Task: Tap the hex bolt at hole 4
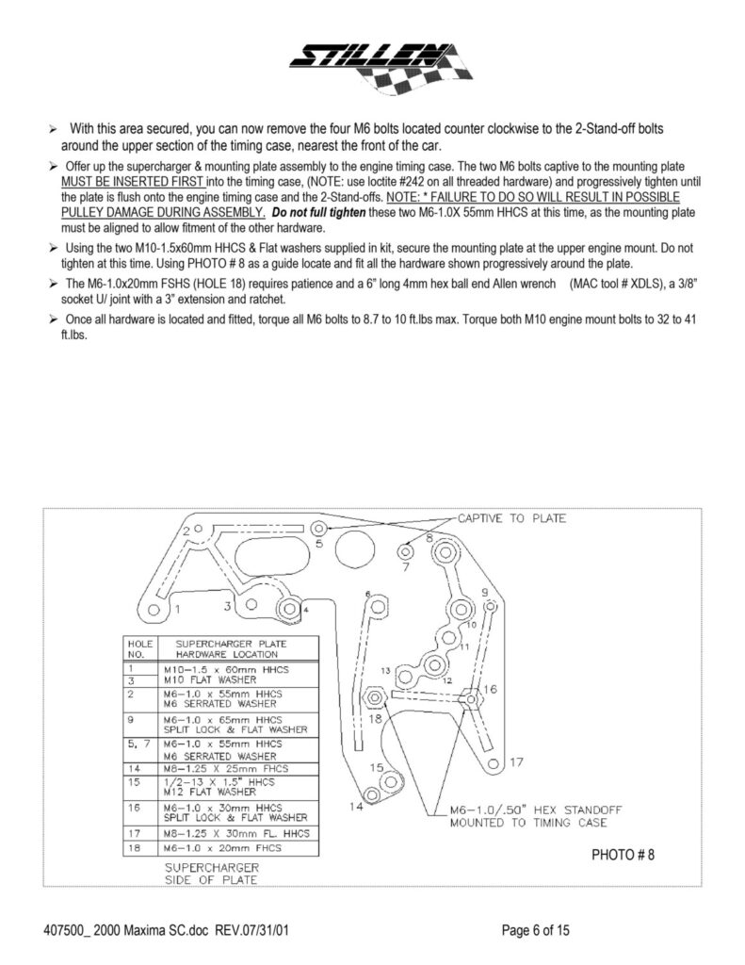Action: pyautogui.click(x=288, y=608)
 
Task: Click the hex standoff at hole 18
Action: pyautogui.click(x=373, y=698)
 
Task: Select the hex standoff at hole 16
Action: pyautogui.click(x=471, y=699)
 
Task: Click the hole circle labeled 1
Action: pyautogui.click(x=156, y=611)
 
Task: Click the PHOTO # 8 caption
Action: pyautogui.click(x=623, y=855)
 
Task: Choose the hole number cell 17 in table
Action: pyautogui.click(x=134, y=834)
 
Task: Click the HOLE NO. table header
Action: pyautogui.click(x=134, y=649)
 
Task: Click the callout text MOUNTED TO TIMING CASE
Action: pyautogui.click(x=515, y=823)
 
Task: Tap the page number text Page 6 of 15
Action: pyautogui.click(x=536, y=931)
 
